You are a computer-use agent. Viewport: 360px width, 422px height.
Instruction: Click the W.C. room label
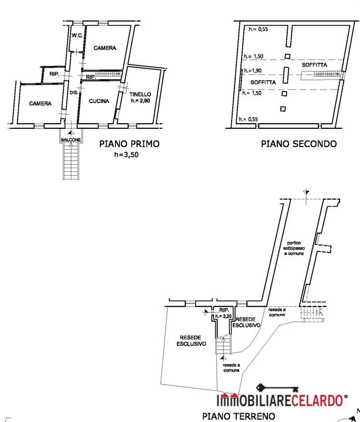pos(77,36)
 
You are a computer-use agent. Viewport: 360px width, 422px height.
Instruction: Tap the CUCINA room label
pos(99,101)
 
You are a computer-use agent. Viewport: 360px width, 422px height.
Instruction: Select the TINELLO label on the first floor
pos(140,94)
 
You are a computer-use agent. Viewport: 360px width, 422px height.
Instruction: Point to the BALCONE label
pos(71,140)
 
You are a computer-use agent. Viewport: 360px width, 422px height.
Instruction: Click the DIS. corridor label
pos(74,93)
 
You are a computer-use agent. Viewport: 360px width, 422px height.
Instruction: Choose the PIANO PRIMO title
pos(129,144)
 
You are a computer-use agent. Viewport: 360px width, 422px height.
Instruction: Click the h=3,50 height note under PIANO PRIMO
pos(126,155)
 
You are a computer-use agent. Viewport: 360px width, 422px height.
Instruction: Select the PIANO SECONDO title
pos(298,144)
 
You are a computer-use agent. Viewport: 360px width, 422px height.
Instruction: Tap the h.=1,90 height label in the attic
pos(253,70)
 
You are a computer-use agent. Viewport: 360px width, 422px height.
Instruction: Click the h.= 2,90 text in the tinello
pos(140,101)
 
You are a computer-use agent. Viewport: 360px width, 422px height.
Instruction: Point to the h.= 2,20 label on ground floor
pos(223,316)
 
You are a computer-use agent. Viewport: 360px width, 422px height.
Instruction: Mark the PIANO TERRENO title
pos(239,416)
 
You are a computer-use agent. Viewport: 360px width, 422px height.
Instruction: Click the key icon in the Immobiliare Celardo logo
pos(277,388)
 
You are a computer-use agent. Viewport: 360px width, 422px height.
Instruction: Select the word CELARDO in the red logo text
pos(317,400)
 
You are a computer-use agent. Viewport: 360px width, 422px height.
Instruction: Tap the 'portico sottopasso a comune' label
pos(294,248)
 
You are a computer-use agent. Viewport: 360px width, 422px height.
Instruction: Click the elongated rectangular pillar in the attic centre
pos(286,76)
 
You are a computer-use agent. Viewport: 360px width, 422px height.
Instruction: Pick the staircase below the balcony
pos(71,161)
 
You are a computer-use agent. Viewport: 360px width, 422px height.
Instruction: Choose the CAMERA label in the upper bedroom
pos(105,48)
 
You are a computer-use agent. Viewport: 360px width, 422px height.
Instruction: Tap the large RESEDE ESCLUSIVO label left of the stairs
pos(191,341)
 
